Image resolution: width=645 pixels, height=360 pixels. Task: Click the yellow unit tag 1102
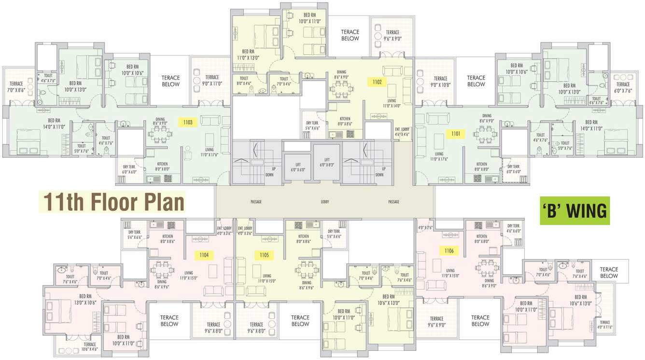[x=378, y=82]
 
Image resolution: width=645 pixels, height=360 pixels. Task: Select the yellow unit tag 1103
[x=188, y=123]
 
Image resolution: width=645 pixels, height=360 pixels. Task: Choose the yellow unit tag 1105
[x=264, y=254]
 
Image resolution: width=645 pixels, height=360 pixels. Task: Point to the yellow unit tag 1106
[x=449, y=251]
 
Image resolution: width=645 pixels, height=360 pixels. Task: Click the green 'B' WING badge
[x=575, y=211]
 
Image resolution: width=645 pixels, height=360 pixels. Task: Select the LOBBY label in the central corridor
[x=324, y=202]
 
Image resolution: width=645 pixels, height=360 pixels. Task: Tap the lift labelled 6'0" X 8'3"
[x=327, y=162]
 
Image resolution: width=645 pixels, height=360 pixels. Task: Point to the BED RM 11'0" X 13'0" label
[x=248, y=55]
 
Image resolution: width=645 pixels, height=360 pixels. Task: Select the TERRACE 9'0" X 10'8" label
[x=440, y=82]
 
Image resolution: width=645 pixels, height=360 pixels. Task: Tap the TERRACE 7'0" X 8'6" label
[x=16, y=86]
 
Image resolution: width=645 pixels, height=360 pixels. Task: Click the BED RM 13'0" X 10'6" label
[x=85, y=299]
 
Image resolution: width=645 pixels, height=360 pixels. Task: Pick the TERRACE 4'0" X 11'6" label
[x=604, y=325]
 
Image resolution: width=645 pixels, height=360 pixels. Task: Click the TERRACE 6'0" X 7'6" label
[x=623, y=87]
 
